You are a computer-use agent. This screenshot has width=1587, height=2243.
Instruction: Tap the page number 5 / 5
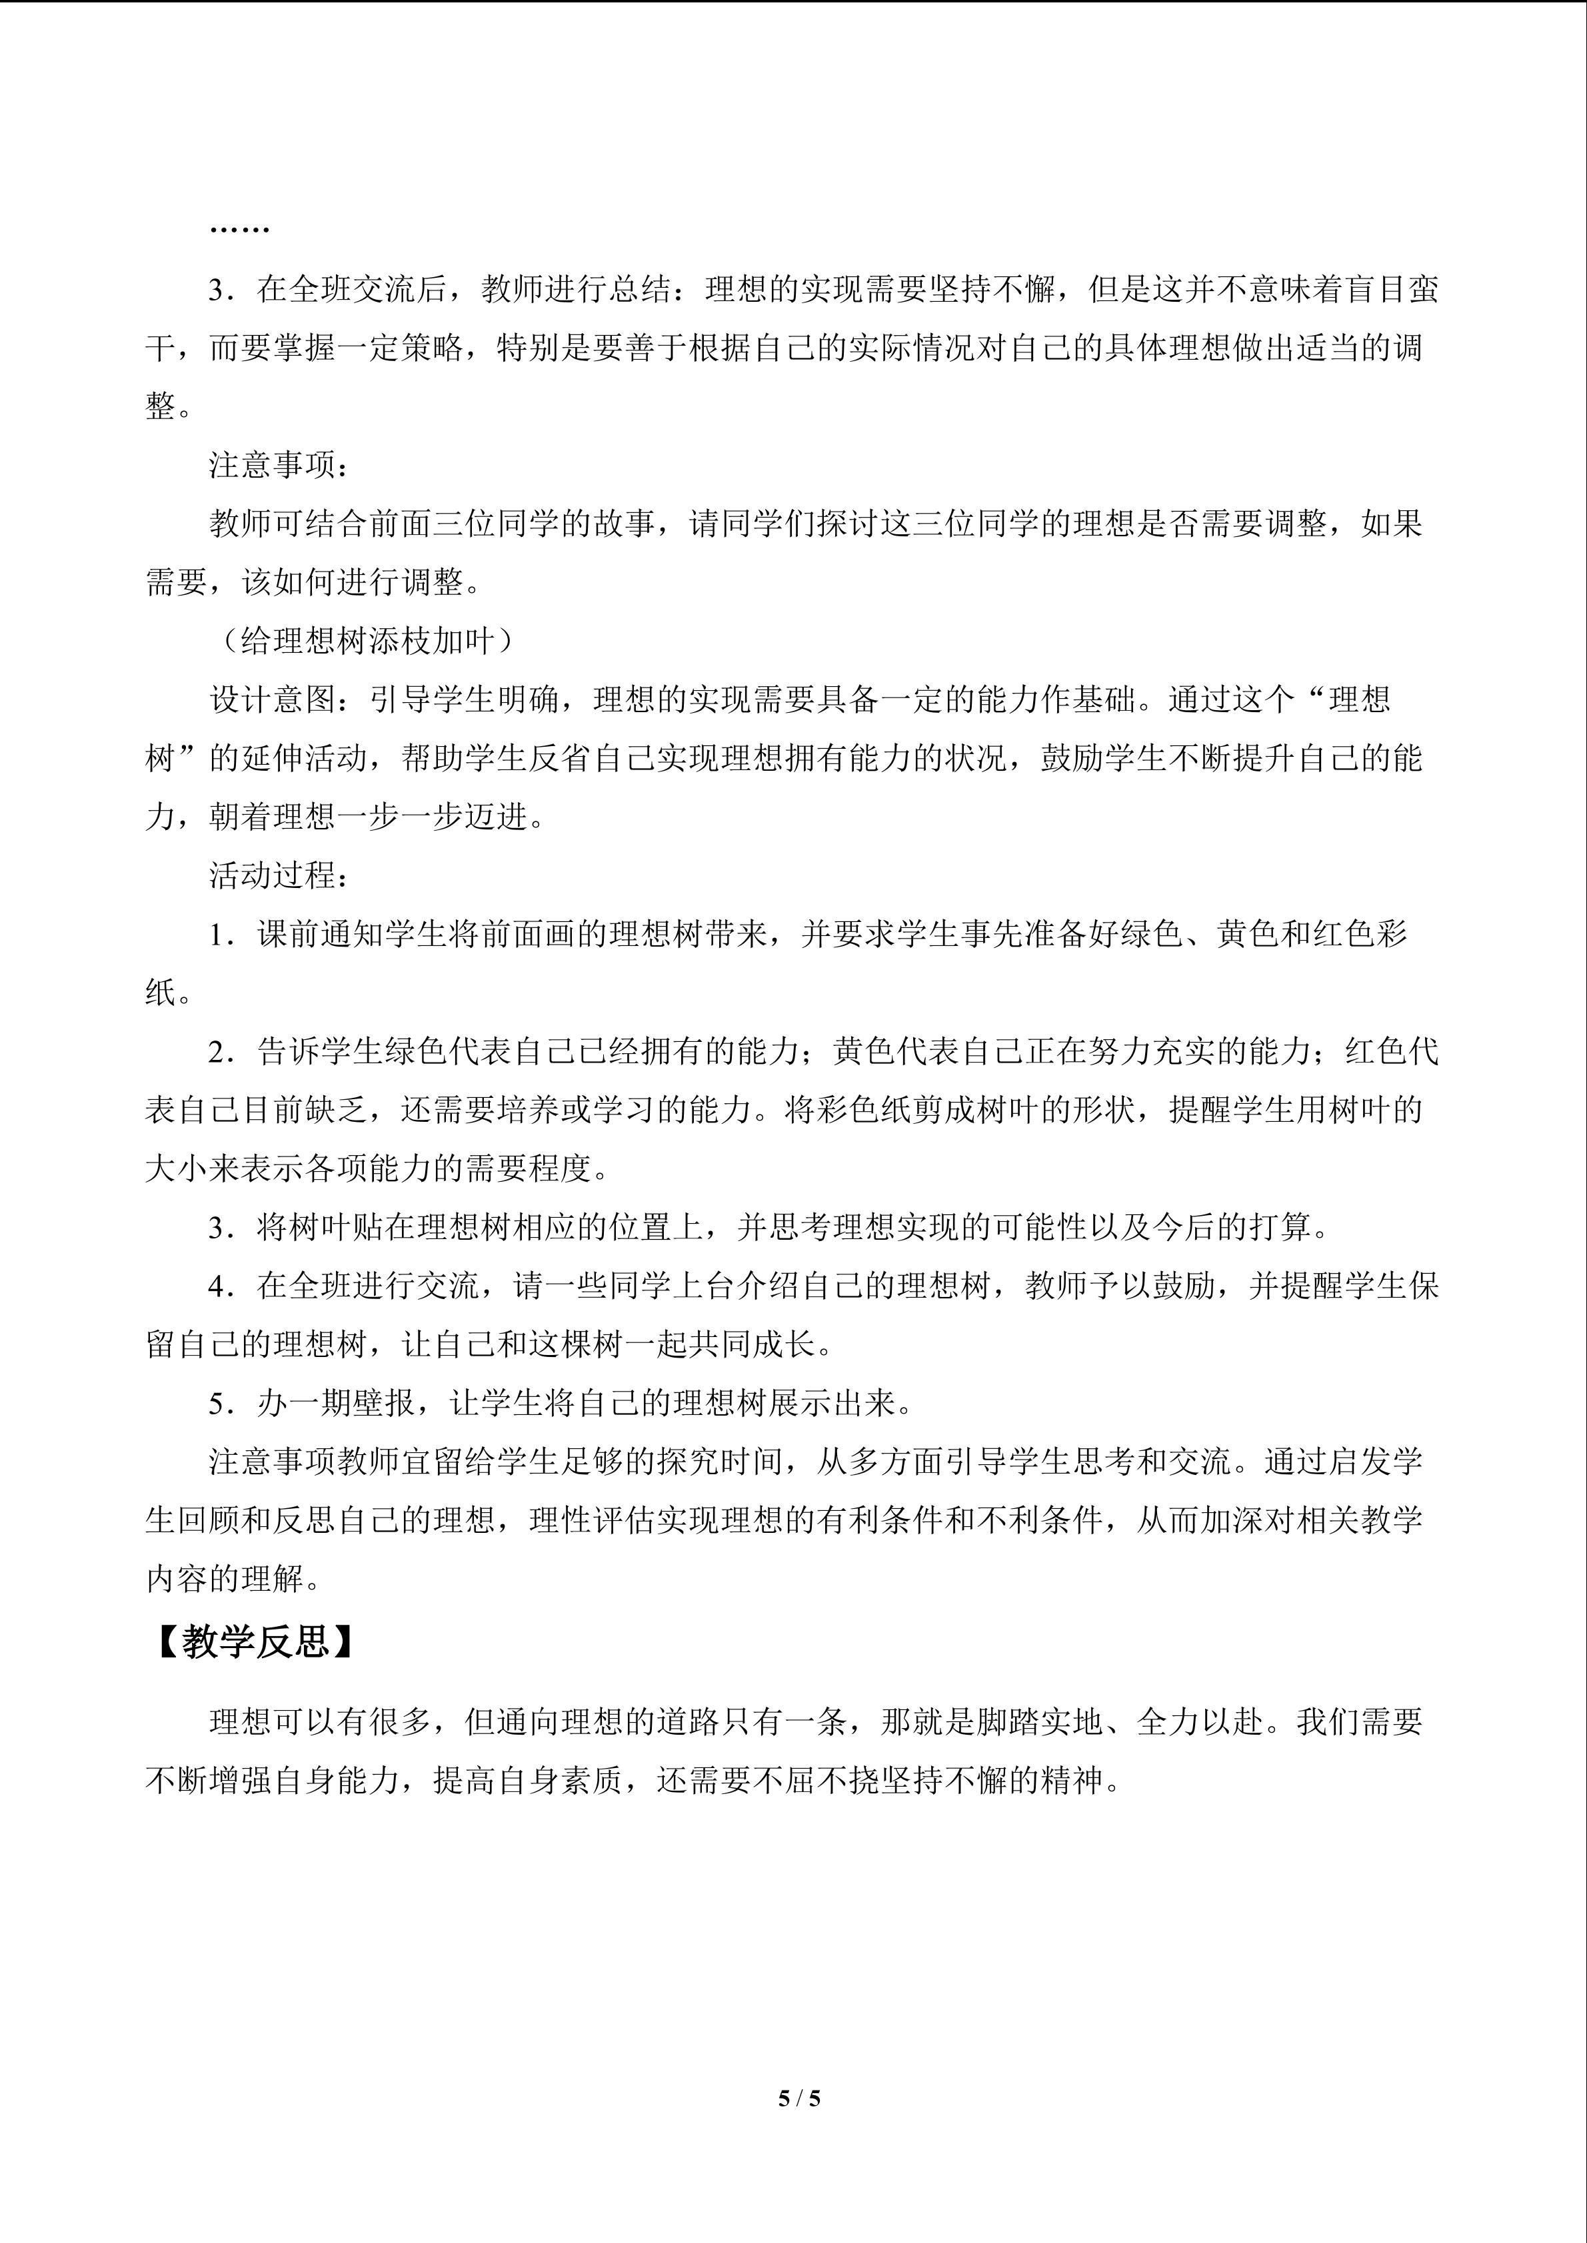tap(799, 2096)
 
